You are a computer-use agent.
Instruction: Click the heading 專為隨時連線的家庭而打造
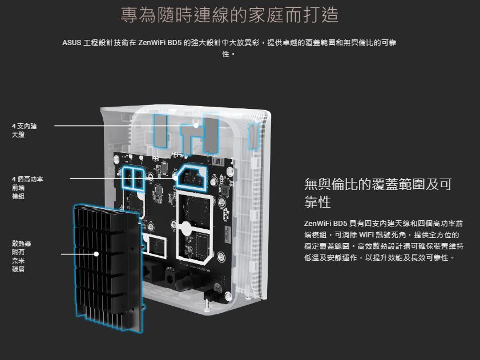point(229,15)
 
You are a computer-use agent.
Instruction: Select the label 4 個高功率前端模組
point(27,188)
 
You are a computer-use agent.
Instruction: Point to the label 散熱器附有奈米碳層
point(22,256)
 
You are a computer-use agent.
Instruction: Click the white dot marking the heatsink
point(96,253)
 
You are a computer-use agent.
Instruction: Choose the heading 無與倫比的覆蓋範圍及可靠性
point(378,193)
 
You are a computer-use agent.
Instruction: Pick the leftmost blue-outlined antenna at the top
point(161,128)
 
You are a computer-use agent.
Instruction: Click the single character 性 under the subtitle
point(226,54)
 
